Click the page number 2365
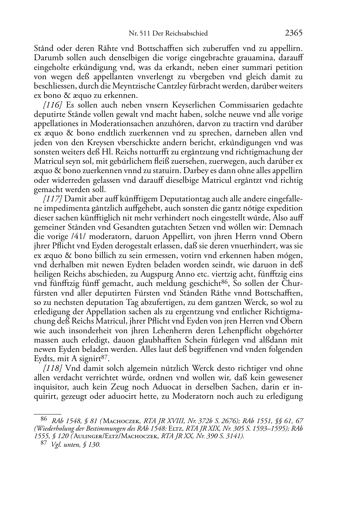[294, 33]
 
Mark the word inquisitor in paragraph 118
[51, 387]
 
